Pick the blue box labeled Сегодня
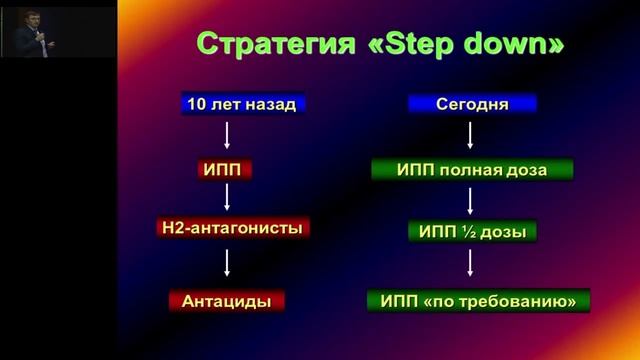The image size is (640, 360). point(472,103)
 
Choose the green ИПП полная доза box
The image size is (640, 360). point(472,169)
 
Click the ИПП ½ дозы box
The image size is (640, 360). point(472,232)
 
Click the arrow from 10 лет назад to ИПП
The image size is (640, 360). point(229,135)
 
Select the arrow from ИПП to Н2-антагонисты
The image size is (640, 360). point(229,197)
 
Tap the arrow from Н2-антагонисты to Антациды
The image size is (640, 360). point(229,263)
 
